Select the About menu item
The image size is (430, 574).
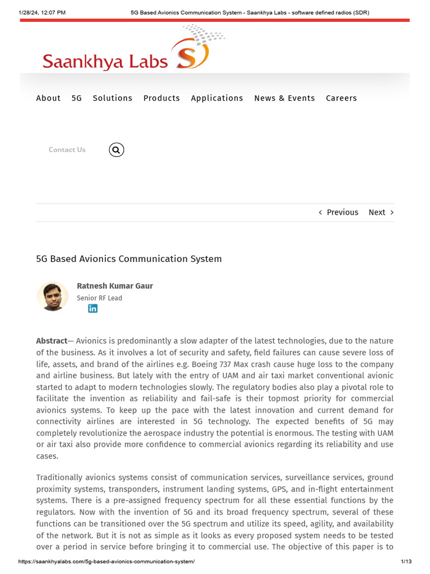pyautogui.click(x=48, y=98)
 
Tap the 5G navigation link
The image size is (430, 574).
pyautogui.click(x=77, y=98)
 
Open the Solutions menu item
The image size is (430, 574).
pyautogui.click(x=113, y=98)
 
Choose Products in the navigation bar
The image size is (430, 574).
pyautogui.click(x=162, y=98)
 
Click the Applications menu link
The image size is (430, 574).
pyautogui.click(x=217, y=98)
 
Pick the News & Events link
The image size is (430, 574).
pyautogui.click(x=284, y=98)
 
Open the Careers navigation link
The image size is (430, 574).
pyautogui.click(x=342, y=98)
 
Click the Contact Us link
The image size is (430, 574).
pyautogui.click(x=67, y=150)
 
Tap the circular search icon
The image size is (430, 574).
pyautogui.click(x=116, y=150)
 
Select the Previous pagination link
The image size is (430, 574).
pyautogui.click(x=339, y=212)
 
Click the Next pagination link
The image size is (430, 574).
pyautogui.click(x=381, y=212)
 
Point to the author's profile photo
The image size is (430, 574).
pyautogui.click(x=53, y=296)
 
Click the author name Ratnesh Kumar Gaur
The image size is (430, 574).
pyautogui.click(x=115, y=286)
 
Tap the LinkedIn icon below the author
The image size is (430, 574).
pyautogui.click(x=93, y=308)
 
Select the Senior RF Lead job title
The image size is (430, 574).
pyautogui.click(x=99, y=298)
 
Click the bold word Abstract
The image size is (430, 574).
pyautogui.click(x=52, y=341)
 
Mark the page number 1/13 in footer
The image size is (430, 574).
pyautogui.click(x=406, y=562)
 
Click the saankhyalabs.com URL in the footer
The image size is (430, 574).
pyautogui.click(x=106, y=562)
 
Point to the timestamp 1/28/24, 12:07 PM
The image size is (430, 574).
pyautogui.click(x=42, y=12)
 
